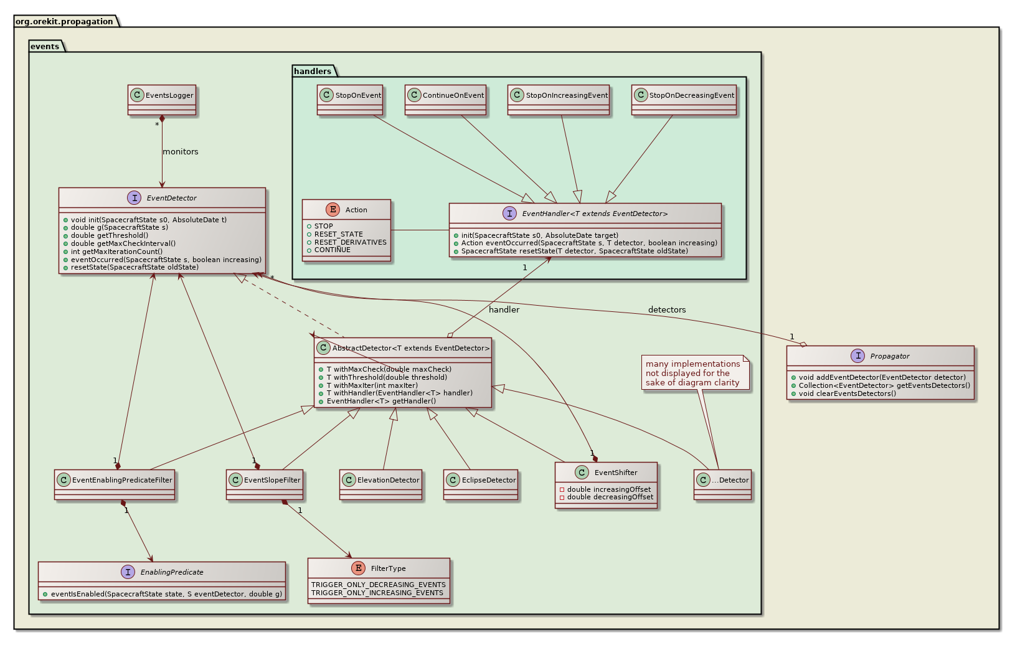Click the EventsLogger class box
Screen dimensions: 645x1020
coord(162,100)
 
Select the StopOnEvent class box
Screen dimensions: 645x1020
coord(350,100)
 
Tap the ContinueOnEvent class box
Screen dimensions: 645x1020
coord(445,100)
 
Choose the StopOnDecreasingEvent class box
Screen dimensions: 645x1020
coord(684,100)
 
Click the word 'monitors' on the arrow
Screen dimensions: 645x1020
coord(181,152)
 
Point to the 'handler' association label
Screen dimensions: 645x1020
coord(504,309)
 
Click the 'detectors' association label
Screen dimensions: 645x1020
coord(666,309)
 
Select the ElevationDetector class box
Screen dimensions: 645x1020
coord(381,484)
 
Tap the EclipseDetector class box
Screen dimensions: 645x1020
coord(481,484)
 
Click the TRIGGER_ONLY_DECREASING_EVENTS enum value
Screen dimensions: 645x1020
coord(378,585)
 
